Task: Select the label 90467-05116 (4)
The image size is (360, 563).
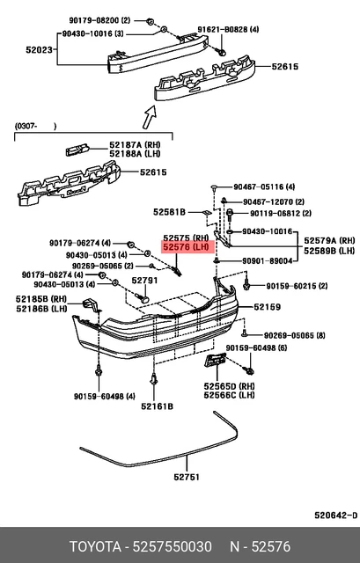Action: (264, 187)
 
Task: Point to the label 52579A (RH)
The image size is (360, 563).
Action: (329, 240)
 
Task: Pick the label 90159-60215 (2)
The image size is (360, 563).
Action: (291, 286)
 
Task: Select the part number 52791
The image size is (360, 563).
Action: (144, 281)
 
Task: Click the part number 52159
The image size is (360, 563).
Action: (268, 307)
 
